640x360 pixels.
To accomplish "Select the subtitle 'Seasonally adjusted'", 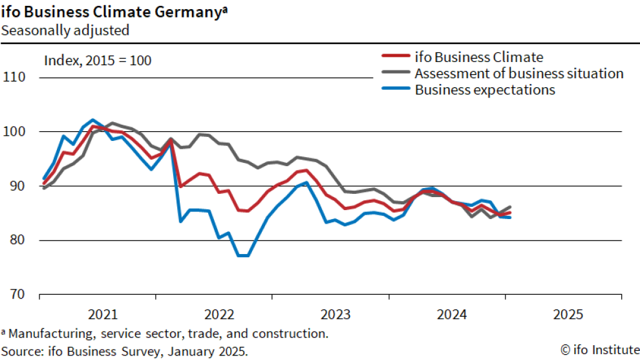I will [65, 30].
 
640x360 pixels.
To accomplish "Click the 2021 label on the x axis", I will [103, 315].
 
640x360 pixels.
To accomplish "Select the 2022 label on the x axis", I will [219, 315].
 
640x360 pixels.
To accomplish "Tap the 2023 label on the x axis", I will [336, 315].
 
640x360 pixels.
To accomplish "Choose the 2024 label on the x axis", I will [452, 315].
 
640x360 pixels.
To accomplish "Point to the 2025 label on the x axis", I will [568, 315].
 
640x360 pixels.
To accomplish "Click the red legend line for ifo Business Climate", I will [394, 57].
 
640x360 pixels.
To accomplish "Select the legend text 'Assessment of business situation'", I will [519, 73].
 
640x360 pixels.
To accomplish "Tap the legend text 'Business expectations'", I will [485, 90].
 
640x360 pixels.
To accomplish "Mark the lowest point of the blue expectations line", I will [244, 256].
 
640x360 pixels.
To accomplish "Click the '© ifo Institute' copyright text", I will [599, 350].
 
